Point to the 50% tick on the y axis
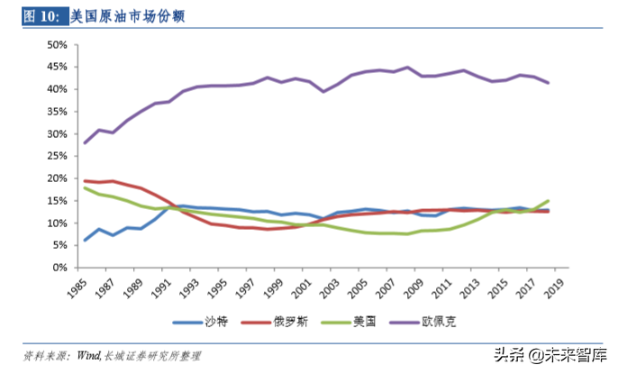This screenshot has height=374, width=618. click(x=56, y=44)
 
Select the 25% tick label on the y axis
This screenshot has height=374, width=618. click(x=56, y=156)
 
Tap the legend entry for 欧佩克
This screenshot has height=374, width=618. click(x=448, y=322)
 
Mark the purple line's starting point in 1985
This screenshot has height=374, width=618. click(x=85, y=142)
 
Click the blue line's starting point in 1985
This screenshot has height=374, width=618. click(x=85, y=240)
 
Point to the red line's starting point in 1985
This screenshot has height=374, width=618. click(x=85, y=180)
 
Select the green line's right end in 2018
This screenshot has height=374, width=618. click(x=549, y=201)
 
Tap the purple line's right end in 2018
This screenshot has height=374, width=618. click(x=549, y=83)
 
